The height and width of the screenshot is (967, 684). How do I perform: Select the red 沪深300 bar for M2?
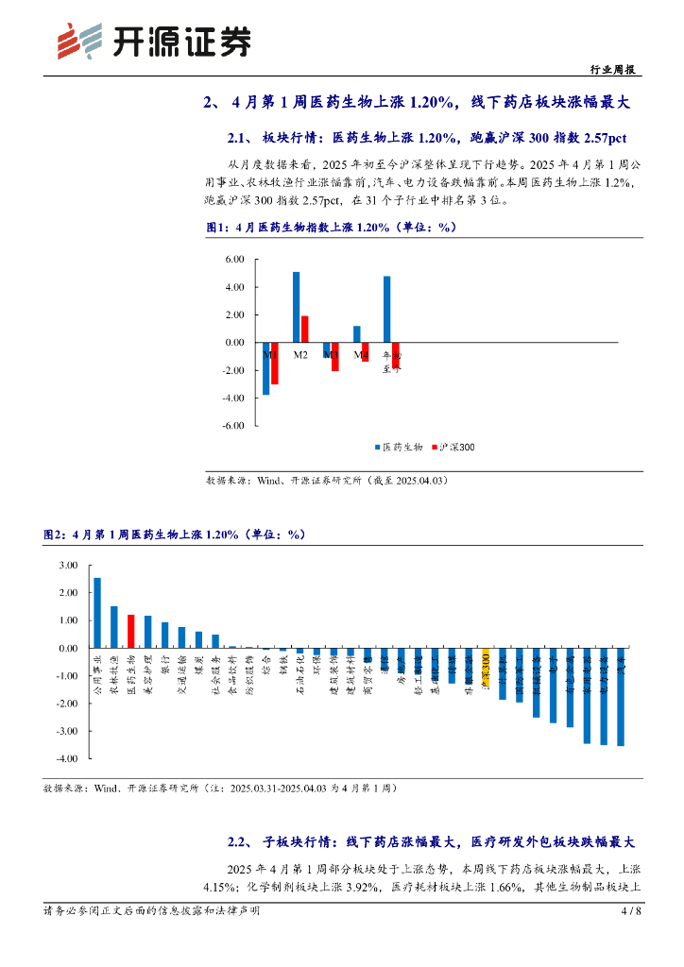(x=304, y=329)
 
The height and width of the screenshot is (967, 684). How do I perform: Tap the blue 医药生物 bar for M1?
(x=266, y=368)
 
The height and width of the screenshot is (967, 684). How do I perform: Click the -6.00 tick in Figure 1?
(x=230, y=426)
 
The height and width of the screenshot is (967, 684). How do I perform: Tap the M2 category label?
(x=300, y=355)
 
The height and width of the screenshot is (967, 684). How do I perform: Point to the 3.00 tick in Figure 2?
(x=67, y=565)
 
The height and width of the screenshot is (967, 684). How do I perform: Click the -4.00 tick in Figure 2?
(x=65, y=758)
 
